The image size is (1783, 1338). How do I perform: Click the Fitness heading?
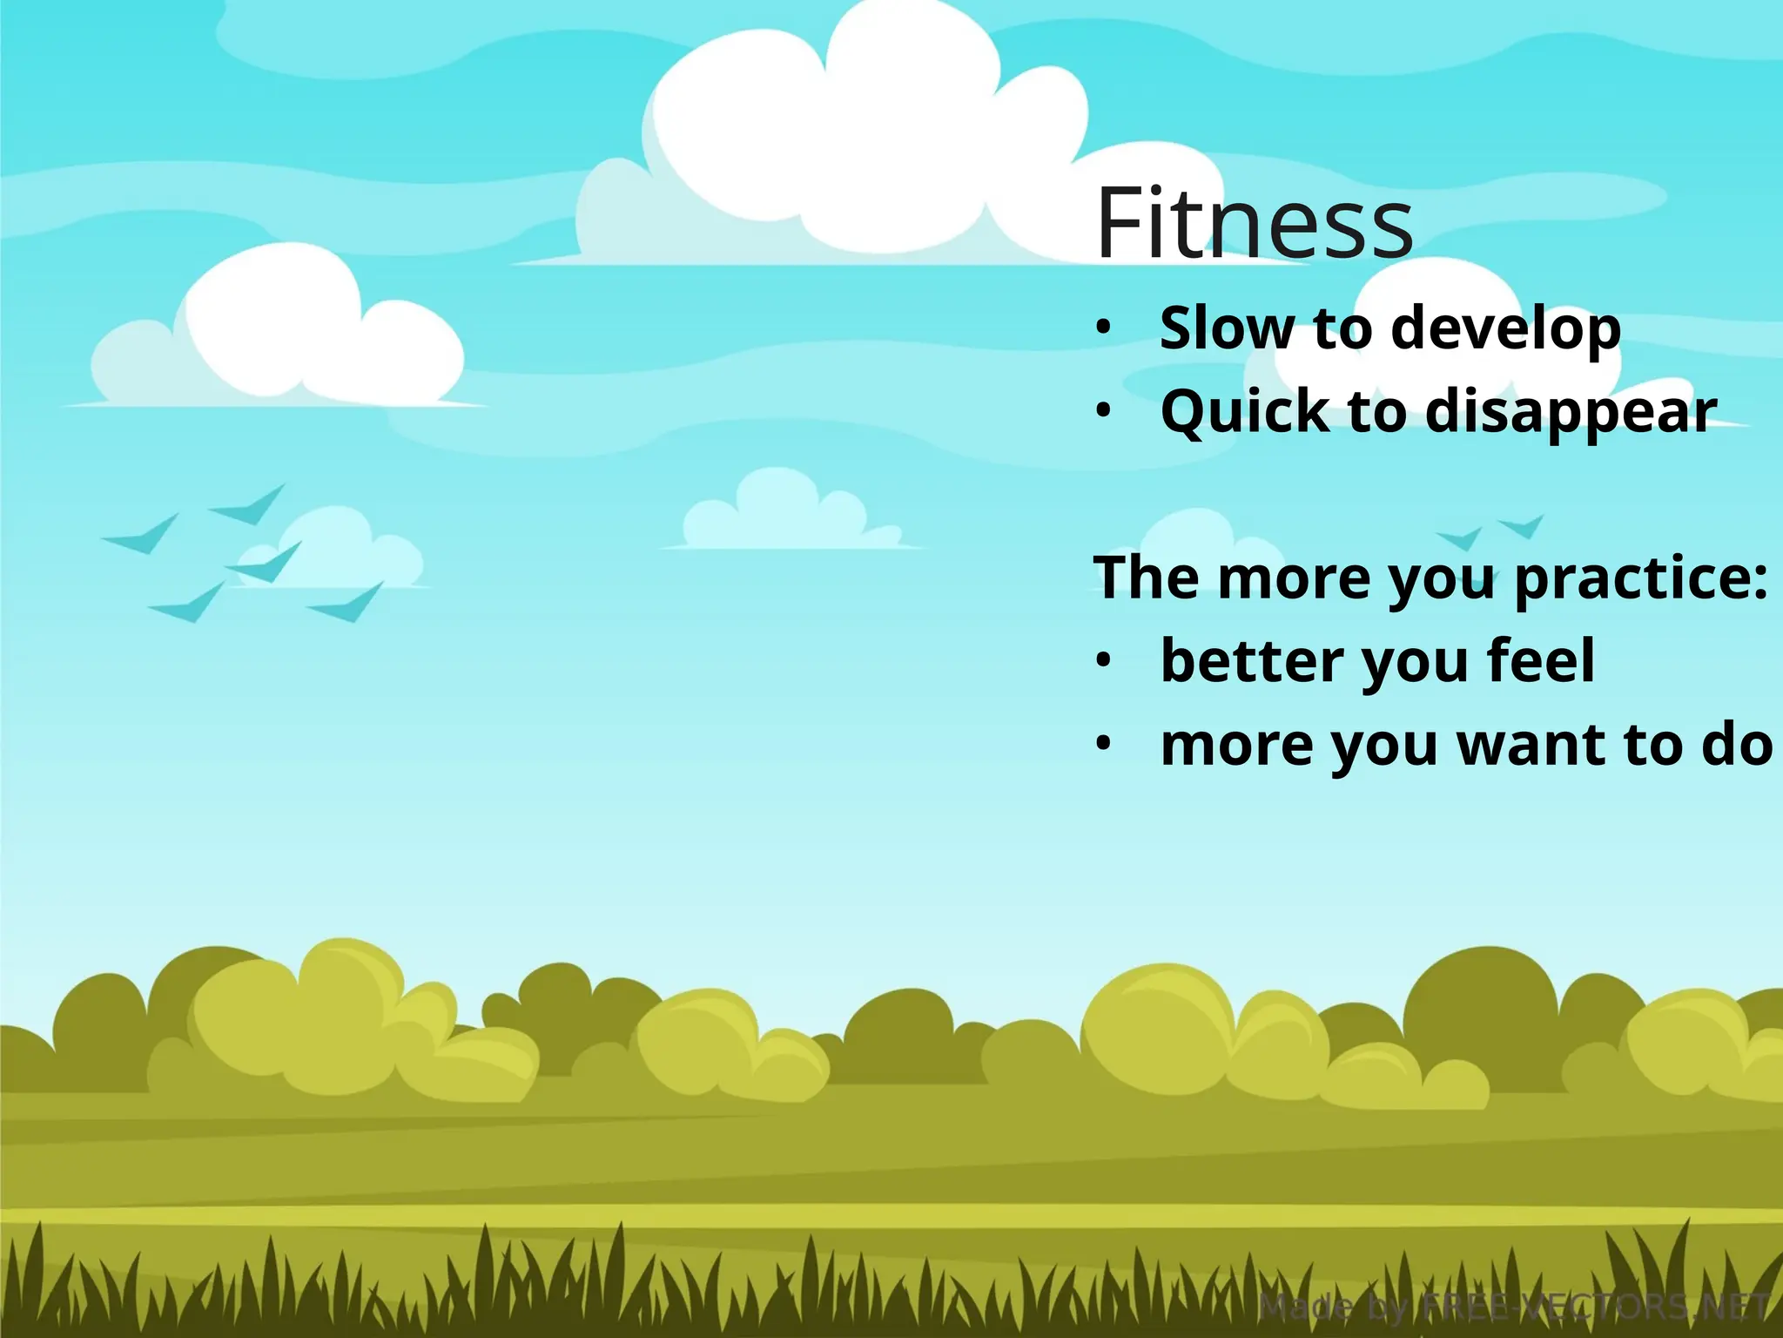(1254, 224)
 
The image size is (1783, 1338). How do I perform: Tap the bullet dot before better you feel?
(1104, 660)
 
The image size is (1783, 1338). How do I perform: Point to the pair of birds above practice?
(1490, 531)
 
